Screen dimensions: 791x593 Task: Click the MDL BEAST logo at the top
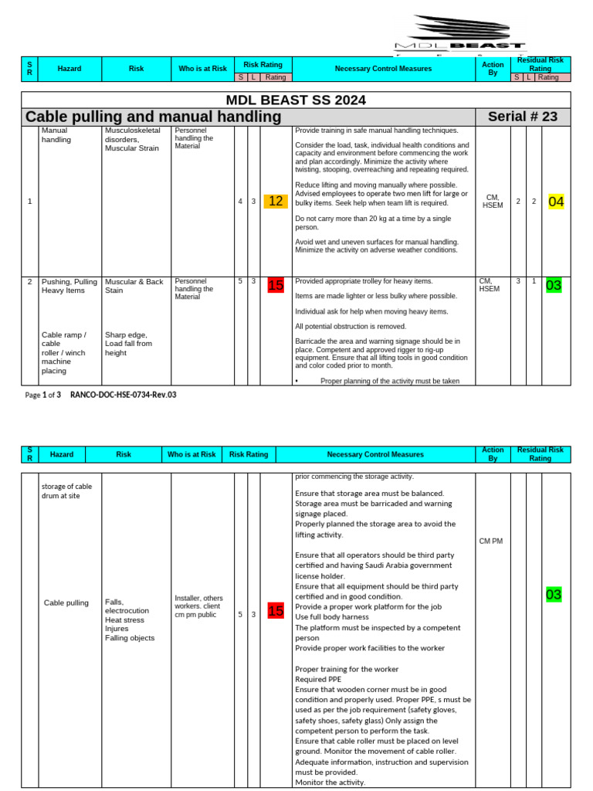pyautogui.click(x=459, y=35)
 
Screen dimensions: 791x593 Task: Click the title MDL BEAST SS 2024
pyautogui.click(x=296, y=100)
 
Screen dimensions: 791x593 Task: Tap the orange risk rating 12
pyautogui.click(x=276, y=202)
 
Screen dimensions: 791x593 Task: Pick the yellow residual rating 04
pyautogui.click(x=556, y=202)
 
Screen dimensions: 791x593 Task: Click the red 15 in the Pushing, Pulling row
pyautogui.click(x=276, y=285)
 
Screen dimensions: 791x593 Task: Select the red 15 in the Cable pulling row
pyautogui.click(x=276, y=611)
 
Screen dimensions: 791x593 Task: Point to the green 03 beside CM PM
pyautogui.click(x=554, y=594)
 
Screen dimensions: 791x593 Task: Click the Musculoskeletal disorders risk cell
pyautogui.click(x=132, y=139)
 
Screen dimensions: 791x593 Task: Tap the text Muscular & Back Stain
pyautogui.click(x=134, y=286)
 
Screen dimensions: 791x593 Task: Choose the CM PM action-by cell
pyautogui.click(x=490, y=541)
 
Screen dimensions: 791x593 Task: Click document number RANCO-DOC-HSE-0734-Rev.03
pyautogui.click(x=123, y=395)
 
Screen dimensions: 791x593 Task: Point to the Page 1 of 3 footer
pyautogui.click(x=42, y=395)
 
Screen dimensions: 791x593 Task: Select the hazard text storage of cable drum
pyautogui.click(x=66, y=491)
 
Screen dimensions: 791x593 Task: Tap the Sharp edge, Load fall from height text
pyautogui.click(x=128, y=344)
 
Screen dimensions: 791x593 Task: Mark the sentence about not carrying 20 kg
pyautogui.click(x=373, y=222)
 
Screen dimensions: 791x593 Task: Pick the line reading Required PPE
pyautogui.click(x=318, y=679)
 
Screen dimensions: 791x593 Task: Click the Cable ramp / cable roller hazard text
pyautogui.click(x=65, y=352)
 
